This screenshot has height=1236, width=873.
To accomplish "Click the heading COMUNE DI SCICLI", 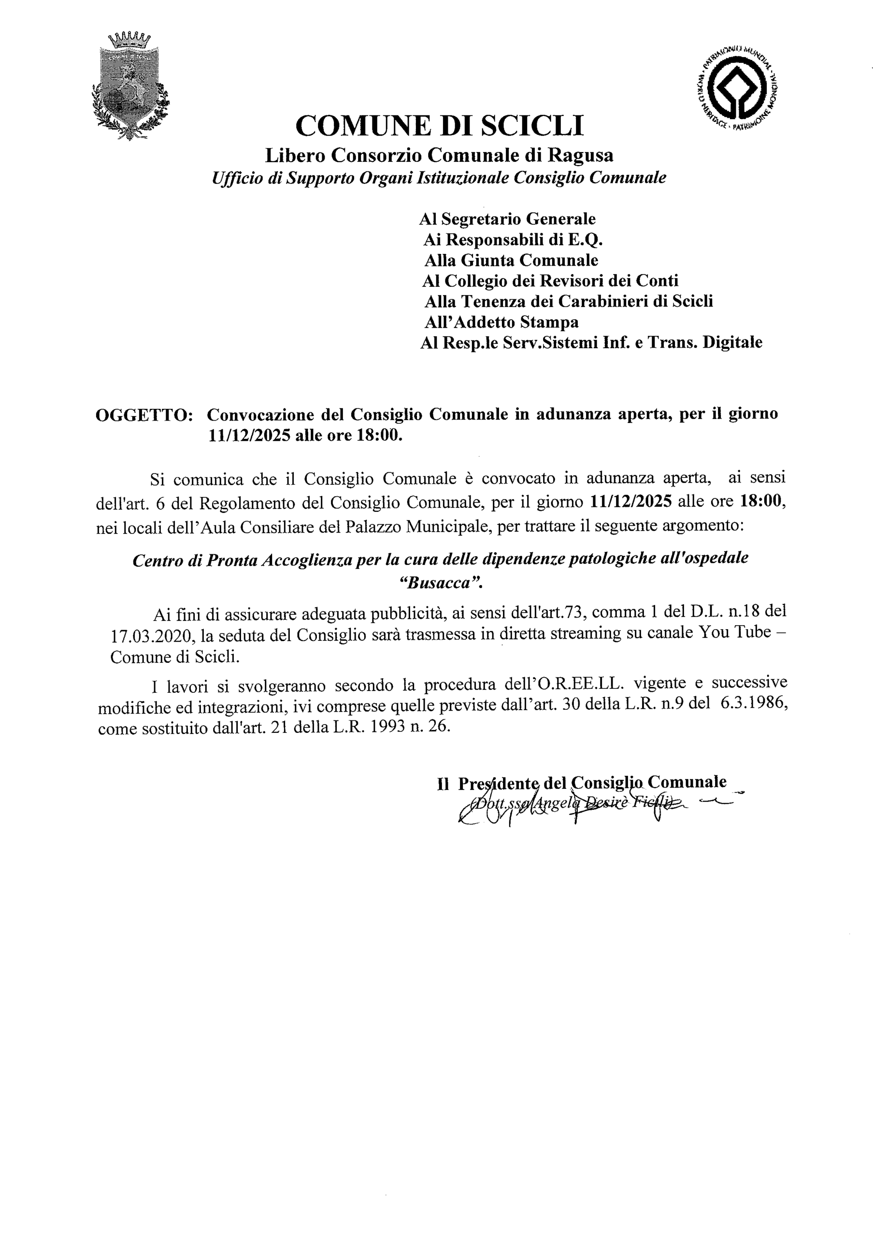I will tap(440, 126).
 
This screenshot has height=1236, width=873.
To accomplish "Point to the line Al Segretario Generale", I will tap(507, 219).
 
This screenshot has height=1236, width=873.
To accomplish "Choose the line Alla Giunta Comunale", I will tap(511, 261).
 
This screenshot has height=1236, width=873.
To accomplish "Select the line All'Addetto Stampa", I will tap(501, 322).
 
